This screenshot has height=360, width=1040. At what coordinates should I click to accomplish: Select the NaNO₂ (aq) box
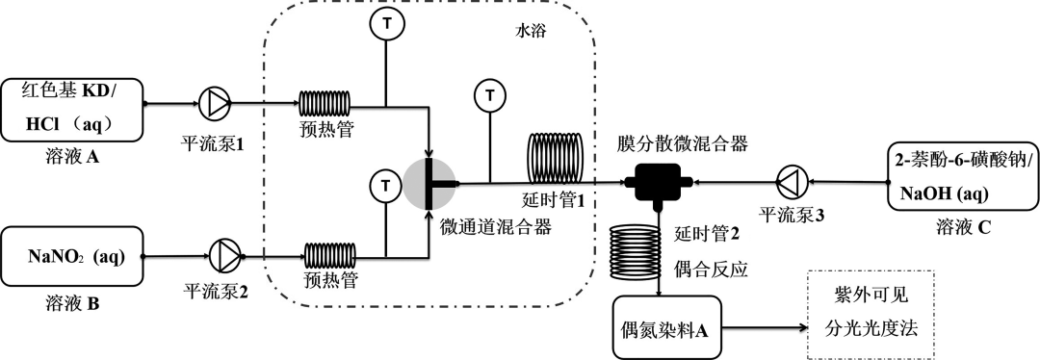pyautogui.click(x=74, y=257)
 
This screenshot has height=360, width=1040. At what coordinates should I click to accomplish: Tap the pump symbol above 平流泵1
pyautogui.click(x=213, y=102)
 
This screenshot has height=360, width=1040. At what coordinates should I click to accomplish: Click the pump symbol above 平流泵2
pyautogui.click(x=224, y=256)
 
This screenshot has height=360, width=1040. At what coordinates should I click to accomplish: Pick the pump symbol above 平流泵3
pyautogui.click(x=788, y=180)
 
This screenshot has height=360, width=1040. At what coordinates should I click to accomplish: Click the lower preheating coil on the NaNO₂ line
pyautogui.click(x=332, y=256)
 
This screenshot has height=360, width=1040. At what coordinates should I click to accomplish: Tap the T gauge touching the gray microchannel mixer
pyautogui.click(x=385, y=183)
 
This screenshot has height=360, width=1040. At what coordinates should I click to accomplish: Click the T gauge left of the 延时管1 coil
pyautogui.click(x=490, y=96)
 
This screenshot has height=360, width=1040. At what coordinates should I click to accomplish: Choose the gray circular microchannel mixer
pyautogui.click(x=428, y=181)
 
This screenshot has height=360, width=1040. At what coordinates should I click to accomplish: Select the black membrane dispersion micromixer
pyautogui.click(x=659, y=181)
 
